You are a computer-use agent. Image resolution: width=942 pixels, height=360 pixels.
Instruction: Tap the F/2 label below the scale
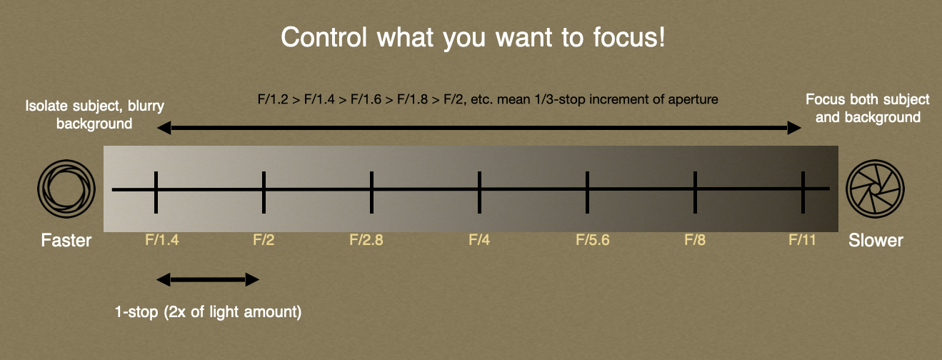(x=264, y=240)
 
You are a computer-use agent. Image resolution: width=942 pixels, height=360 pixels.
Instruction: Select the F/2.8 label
(x=366, y=240)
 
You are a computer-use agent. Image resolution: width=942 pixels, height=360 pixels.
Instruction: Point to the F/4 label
(x=479, y=240)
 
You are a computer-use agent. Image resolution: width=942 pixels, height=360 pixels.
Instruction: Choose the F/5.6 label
(x=593, y=240)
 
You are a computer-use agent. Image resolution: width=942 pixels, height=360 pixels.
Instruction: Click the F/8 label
(x=695, y=240)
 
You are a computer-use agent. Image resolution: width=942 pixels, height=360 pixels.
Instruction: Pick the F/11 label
(x=802, y=240)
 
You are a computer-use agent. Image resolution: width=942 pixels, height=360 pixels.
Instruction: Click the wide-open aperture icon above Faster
(x=66, y=189)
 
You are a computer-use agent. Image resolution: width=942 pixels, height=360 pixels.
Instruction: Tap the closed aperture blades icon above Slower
(x=875, y=189)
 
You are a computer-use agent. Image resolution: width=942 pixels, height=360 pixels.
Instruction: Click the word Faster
(x=66, y=240)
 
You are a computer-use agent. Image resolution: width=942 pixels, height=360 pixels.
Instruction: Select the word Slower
(x=876, y=240)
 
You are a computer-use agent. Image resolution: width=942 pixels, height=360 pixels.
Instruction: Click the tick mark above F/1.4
(x=156, y=191)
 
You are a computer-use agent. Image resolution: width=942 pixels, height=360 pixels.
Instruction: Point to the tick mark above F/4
(x=479, y=191)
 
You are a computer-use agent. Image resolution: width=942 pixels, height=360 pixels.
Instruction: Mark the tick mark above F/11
(x=803, y=191)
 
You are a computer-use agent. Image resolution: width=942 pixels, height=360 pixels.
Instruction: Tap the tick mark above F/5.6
(x=587, y=191)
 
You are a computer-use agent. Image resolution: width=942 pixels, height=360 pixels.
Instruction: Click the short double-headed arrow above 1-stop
(x=207, y=279)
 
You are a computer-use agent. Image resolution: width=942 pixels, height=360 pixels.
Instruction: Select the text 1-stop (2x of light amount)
(x=207, y=312)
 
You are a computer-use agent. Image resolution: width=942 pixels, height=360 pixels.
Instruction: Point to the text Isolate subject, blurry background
(x=95, y=114)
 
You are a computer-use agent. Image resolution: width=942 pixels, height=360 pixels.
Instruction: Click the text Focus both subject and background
(x=868, y=108)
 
